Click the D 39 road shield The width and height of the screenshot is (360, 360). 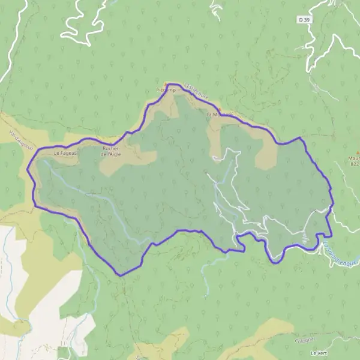click(x=305, y=20)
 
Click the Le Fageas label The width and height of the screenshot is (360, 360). click(x=64, y=153)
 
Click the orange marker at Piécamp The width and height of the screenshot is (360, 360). click(x=167, y=85)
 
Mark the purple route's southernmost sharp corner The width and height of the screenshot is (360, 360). click(x=121, y=275)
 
